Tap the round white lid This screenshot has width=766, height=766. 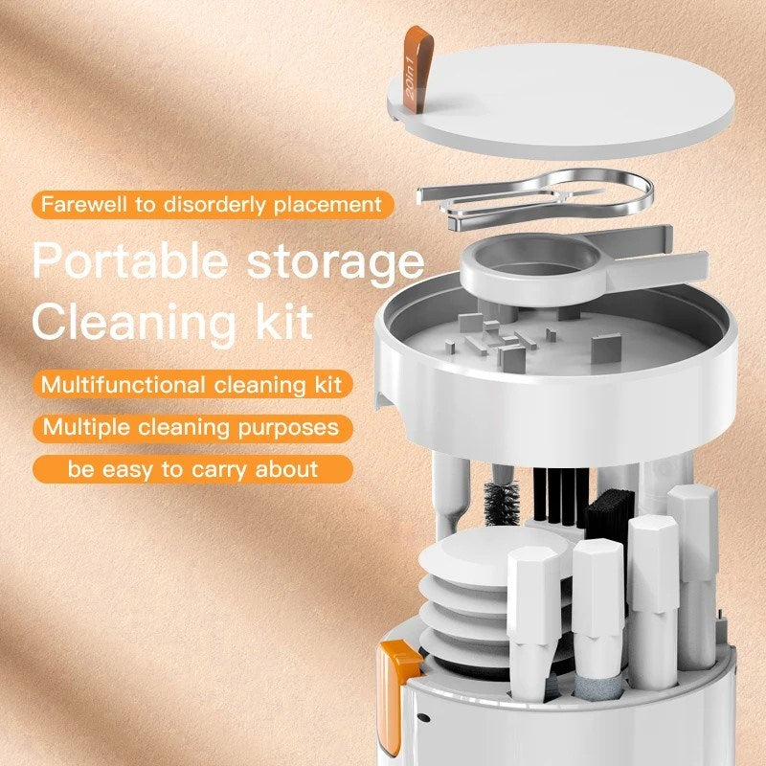point(565,96)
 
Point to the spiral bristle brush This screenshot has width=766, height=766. point(502,504)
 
